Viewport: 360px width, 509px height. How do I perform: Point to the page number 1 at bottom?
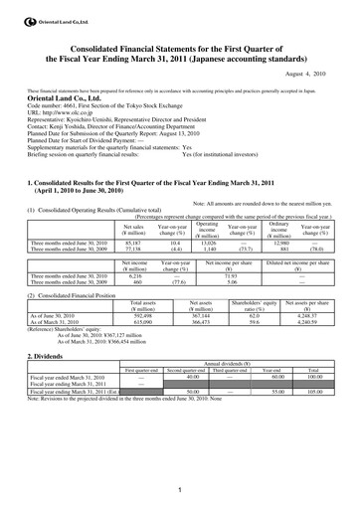180,488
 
